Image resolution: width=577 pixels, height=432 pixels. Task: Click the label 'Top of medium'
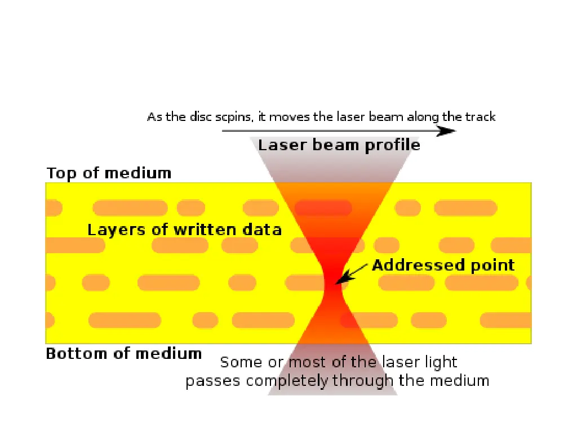click(x=109, y=173)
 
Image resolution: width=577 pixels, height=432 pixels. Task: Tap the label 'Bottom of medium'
click(x=123, y=354)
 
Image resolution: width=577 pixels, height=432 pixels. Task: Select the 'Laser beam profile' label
click(x=339, y=145)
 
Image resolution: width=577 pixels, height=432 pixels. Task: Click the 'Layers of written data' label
click(x=184, y=229)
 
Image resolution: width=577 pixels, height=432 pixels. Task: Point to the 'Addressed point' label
click(x=443, y=265)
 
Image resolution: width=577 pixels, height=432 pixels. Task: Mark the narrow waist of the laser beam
click(x=333, y=287)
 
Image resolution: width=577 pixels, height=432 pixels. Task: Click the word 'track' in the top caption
click(x=480, y=117)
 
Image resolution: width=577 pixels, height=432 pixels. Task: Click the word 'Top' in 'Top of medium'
click(x=59, y=173)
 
